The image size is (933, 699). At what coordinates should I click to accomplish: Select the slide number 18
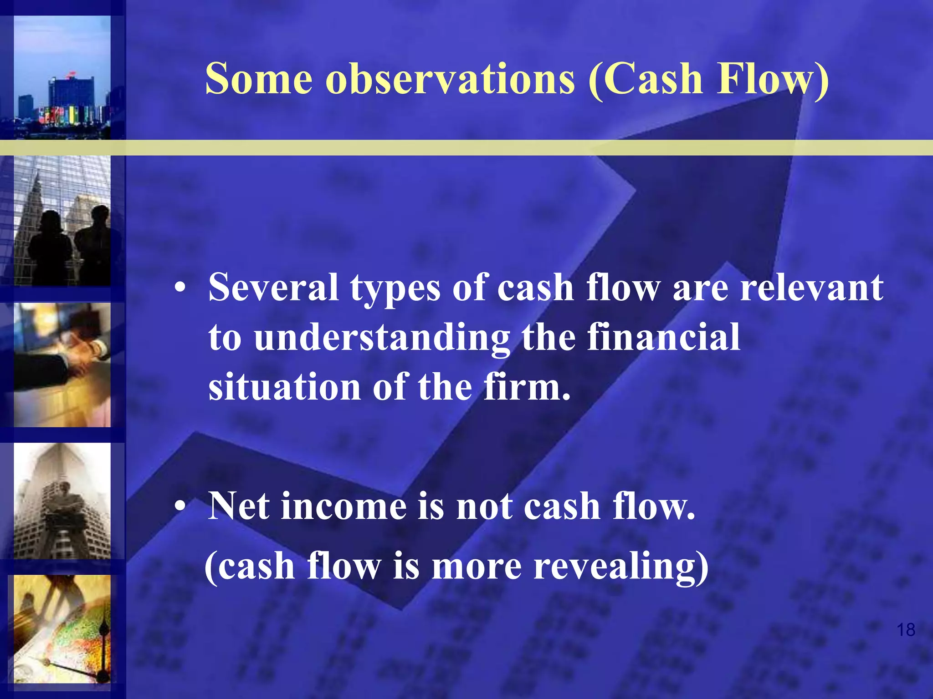(906, 630)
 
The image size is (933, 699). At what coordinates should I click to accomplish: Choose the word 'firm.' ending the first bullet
(527, 386)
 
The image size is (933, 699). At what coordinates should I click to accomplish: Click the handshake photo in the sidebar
(62, 365)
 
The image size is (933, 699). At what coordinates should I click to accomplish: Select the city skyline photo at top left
(62, 77)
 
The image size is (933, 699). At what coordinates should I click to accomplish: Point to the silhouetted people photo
(62, 221)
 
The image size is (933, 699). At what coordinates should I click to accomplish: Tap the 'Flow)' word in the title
(773, 78)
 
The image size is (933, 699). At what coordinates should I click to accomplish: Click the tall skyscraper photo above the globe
(62, 501)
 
